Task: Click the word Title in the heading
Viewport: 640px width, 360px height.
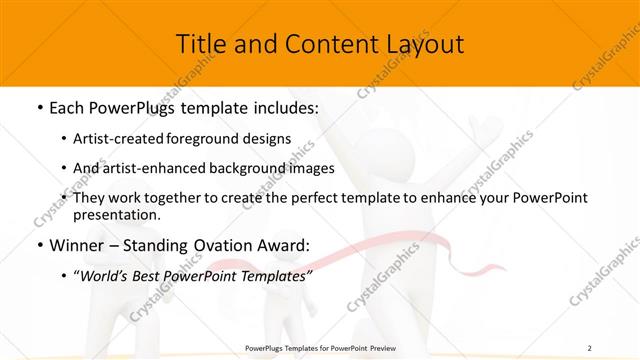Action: tap(200, 44)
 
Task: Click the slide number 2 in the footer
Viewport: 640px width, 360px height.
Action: tap(590, 347)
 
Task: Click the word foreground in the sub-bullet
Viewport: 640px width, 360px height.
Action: tap(219, 138)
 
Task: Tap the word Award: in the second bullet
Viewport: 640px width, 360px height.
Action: tap(284, 245)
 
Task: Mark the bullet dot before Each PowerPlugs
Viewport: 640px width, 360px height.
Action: tap(38, 105)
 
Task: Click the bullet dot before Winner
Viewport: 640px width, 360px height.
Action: tap(38, 246)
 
